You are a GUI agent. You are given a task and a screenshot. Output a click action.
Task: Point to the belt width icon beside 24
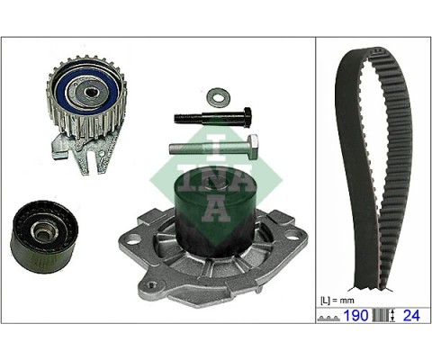385,317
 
